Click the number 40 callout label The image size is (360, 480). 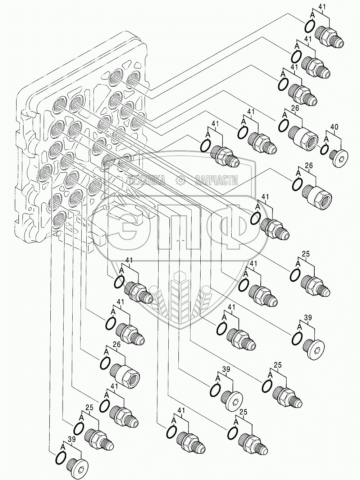[x=334, y=126]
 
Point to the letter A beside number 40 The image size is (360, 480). [x=326, y=138]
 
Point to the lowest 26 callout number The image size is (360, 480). [x=116, y=344]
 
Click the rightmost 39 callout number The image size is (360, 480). [x=308, y=317]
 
